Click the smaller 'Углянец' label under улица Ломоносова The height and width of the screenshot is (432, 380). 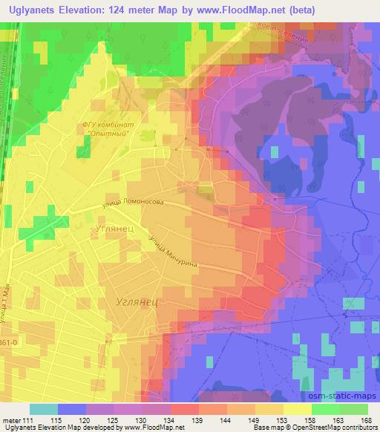click(114, 229)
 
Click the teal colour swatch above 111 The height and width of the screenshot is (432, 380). click(42, 409)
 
